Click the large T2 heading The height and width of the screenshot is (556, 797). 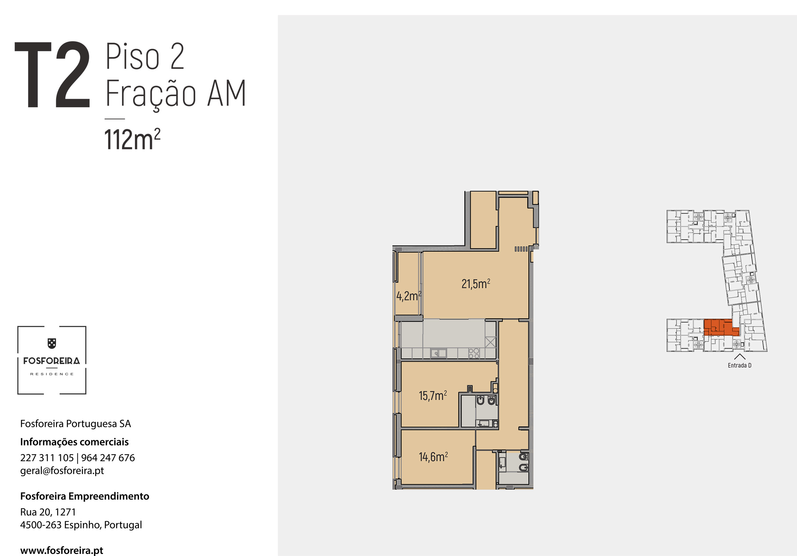(52, 75)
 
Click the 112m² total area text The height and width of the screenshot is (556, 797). (132, 139)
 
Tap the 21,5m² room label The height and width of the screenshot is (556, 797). (476, 284)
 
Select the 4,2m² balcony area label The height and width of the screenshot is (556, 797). (409, 296)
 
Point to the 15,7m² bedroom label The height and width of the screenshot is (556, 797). (433, 395)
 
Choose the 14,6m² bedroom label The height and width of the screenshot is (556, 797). (433, 457)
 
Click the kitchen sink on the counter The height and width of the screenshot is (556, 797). (439, 353)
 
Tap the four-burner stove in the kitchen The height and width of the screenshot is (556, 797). (474, 353)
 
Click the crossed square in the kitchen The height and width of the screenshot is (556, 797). (490, 342)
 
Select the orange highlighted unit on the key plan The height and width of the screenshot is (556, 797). (720, 328)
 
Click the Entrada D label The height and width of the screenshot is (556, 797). (740, 365)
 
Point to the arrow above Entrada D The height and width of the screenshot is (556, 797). (740, 356)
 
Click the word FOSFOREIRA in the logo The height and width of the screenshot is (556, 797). (52, 361)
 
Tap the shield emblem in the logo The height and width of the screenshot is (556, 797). (52, 344)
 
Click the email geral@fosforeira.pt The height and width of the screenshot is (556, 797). (62, 471)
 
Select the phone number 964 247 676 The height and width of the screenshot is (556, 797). (108, 458)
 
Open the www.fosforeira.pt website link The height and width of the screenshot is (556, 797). (62, 551)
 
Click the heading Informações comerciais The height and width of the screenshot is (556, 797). (74, 442)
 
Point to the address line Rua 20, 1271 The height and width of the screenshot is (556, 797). (48, 512)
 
